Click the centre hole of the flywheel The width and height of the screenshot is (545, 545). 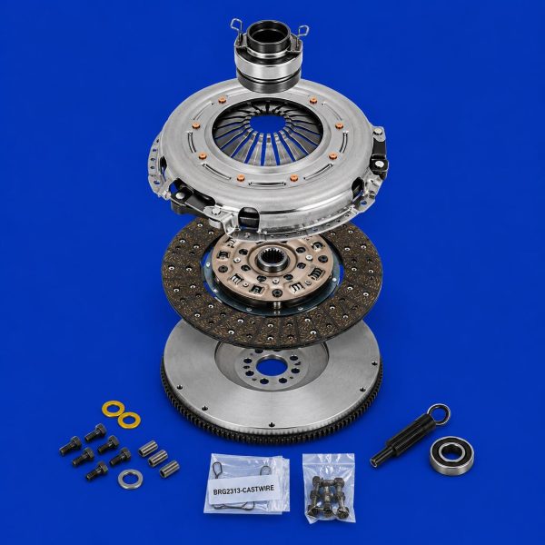click(x=271, y=367)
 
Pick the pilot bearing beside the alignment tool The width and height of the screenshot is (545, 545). click(x=451, y=456)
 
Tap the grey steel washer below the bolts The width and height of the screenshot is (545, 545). click(x=130, y=479)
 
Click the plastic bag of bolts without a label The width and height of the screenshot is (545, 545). click(x=329, y=487)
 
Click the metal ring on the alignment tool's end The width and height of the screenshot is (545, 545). click(x=439, y=414)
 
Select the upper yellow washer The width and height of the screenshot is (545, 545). click(x=114, y=409)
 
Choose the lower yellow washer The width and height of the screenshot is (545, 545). click(x=129, y=420)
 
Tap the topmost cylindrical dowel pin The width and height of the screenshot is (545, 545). click(x=148, y=448)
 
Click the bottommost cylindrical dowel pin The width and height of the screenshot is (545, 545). click(x=169, y=469)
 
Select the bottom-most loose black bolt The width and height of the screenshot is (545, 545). click(x=97, y=471)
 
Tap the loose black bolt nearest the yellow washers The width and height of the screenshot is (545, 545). click(x=95, y=432)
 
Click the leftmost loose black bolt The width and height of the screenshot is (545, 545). click(x=71, y=446)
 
